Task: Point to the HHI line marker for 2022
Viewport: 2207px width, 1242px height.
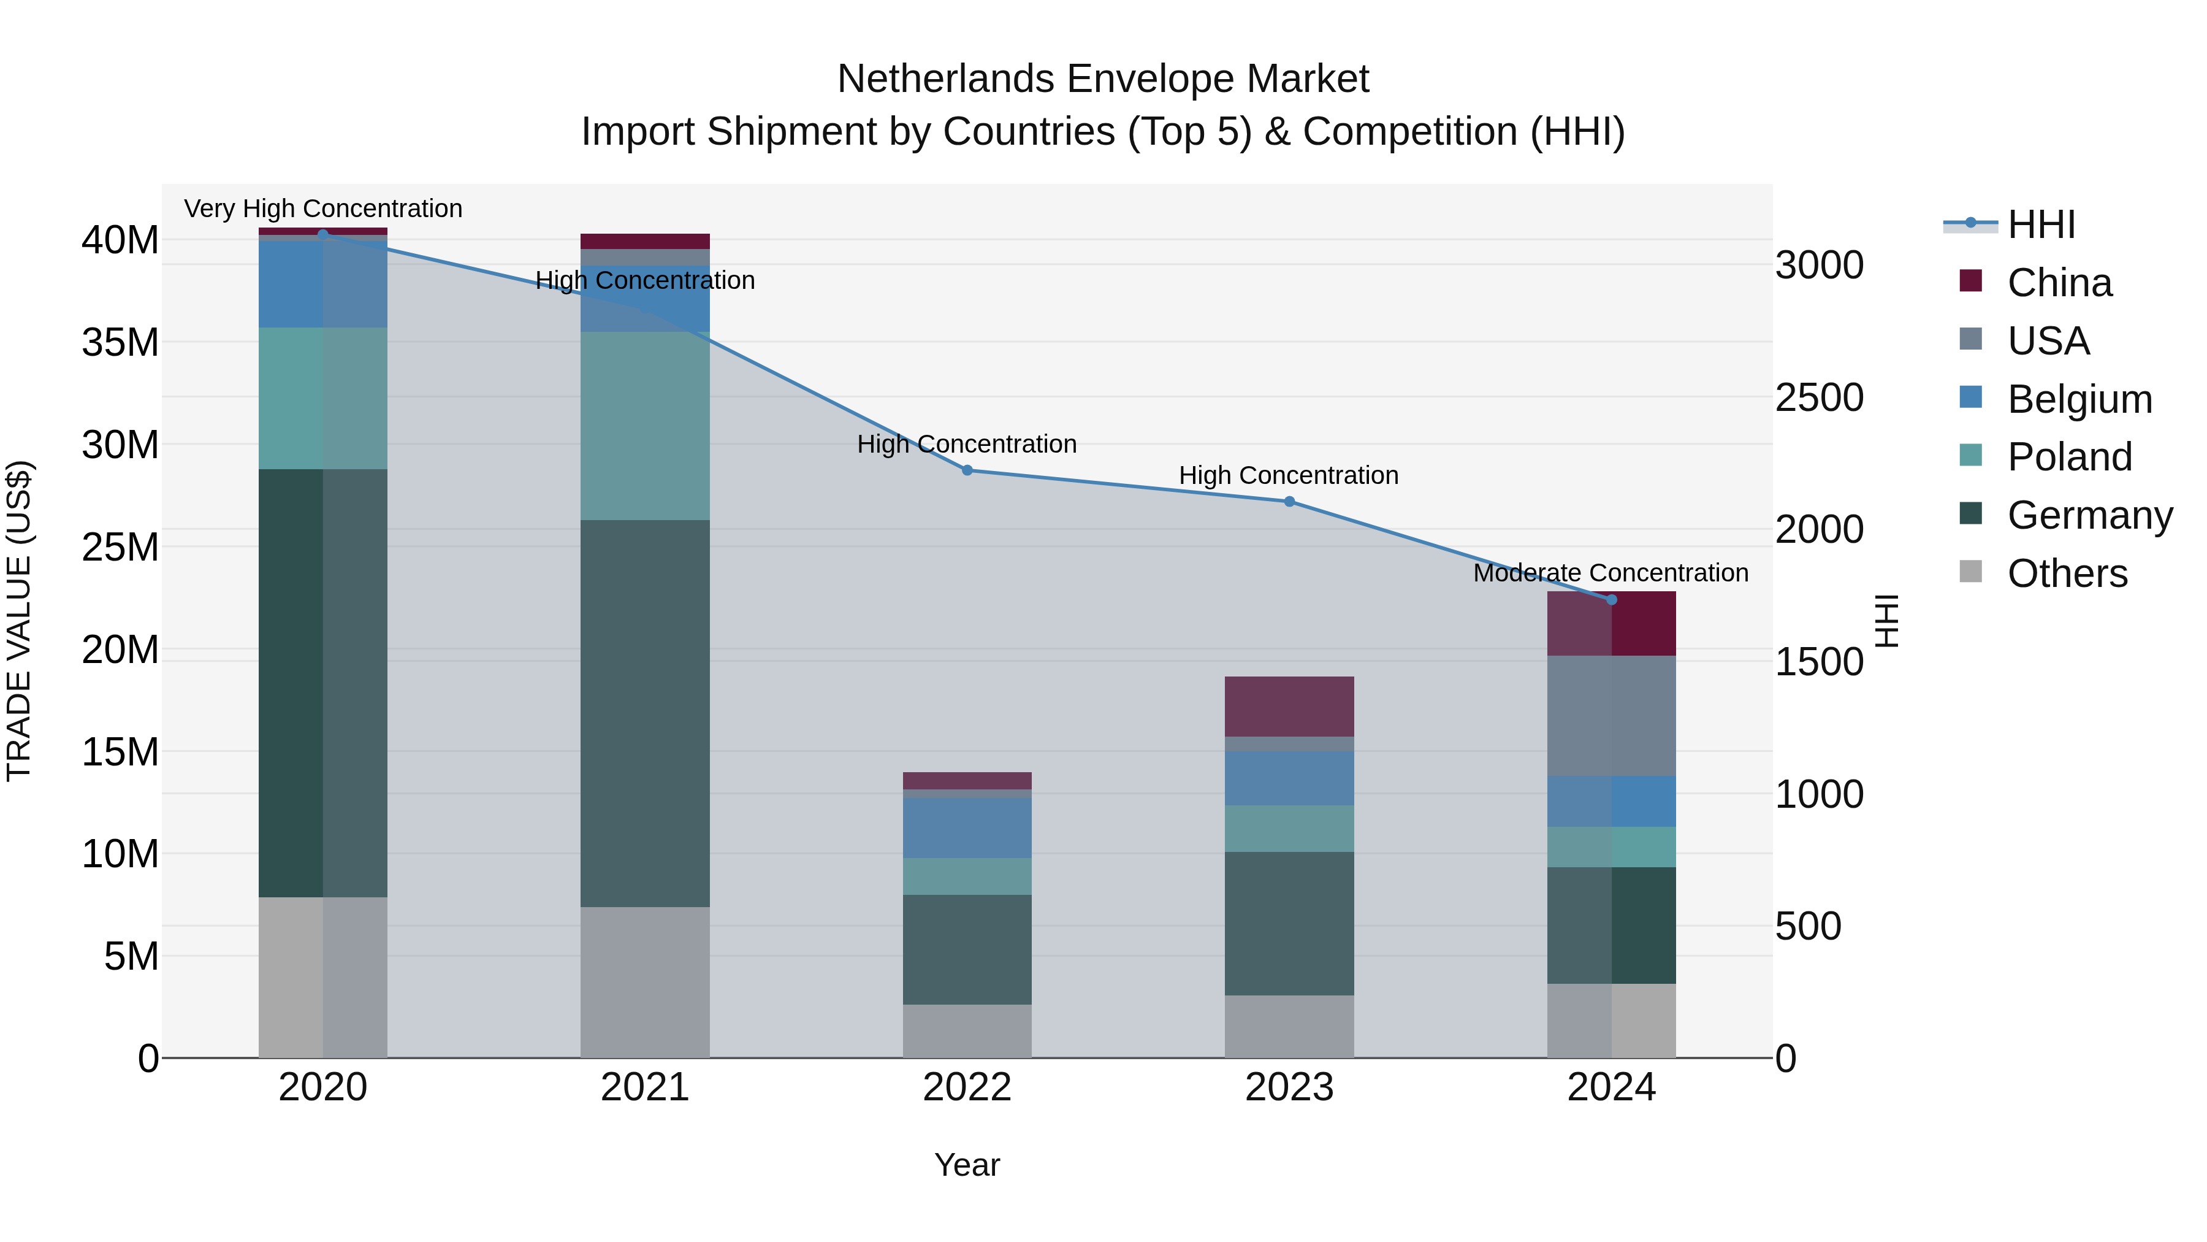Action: pyautogui.click(x=967, y=470)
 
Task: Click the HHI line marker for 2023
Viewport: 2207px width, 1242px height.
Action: pyautogui.click(x=1289, y=502)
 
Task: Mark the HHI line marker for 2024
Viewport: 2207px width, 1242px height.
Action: pyautogui.click(x=1612, y=600)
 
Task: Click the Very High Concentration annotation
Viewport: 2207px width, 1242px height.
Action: pyautogui.click(x=323, y=209)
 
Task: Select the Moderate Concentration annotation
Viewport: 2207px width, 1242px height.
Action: pyautogui.click(x=1610, y=573)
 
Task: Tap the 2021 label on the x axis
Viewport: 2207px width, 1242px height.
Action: pyautogui.click(x=645, y=1087)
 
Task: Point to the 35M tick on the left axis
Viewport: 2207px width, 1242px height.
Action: pyautogui.click(x=120, y=343)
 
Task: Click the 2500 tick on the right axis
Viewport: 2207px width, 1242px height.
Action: pyautogui.click(x=1819, y=397)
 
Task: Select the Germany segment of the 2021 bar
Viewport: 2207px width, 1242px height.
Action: pyautogui.click(x=645, y=713)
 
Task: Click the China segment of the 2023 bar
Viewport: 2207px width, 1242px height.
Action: pyautogui.click(x=1289, y=707)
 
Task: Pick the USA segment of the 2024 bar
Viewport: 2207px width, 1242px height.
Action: pyautogui.click(x=1612, y=716)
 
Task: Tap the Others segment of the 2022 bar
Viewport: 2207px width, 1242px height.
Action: pyautogui.click(x=967, y=1031)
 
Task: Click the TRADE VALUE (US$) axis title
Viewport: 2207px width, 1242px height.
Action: pyautogui.click(x=19, y=621)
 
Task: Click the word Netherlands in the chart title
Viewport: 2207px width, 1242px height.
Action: pyautogui.click(x=946, y=79)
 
